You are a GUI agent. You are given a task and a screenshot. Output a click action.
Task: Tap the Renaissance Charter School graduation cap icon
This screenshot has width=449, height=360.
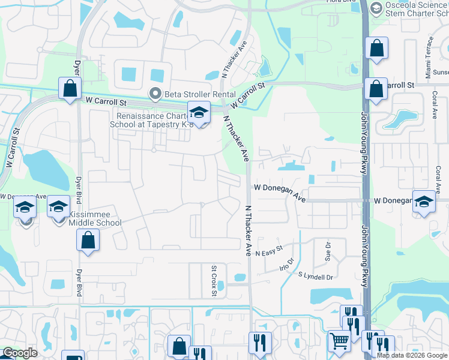199,112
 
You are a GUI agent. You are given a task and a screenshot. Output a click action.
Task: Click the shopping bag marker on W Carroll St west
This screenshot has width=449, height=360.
70,88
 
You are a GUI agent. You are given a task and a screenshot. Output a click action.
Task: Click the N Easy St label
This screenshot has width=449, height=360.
268,254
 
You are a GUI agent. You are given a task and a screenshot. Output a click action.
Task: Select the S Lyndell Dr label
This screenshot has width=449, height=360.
315,277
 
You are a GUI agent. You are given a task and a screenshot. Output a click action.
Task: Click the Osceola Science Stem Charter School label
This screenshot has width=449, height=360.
414,12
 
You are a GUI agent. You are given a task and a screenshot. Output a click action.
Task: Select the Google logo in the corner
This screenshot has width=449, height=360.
20,353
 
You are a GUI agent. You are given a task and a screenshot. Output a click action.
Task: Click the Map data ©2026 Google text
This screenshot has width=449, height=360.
411,355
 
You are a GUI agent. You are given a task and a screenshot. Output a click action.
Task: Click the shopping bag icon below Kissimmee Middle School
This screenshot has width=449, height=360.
88,240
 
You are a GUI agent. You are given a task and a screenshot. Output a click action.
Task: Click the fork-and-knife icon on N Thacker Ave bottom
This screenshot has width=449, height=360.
260,343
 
